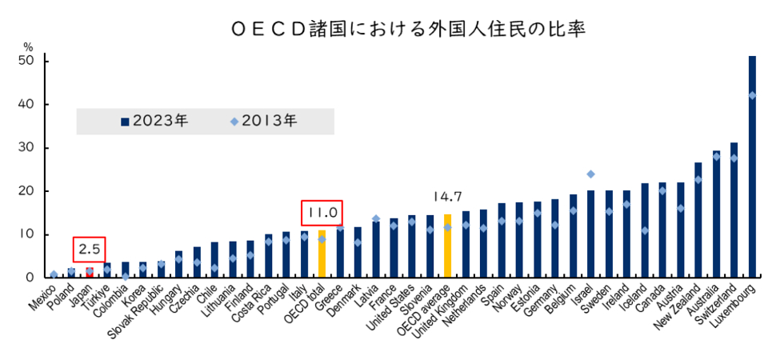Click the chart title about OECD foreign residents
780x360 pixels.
[x=409, y=30]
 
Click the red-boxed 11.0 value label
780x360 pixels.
[x=322, y=213]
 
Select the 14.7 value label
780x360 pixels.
[x=448, y=195]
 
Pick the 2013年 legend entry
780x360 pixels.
[x=263, y=122]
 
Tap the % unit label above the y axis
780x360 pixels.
[x=29, y=46]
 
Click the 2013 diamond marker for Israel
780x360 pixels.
[x=590, y=174]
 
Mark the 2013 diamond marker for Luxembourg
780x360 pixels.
[x=752, y=95]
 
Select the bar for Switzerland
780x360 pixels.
[x=734, y=210]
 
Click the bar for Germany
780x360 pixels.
[x=555, y=238]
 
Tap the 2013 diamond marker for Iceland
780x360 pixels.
[x=645, y=230]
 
